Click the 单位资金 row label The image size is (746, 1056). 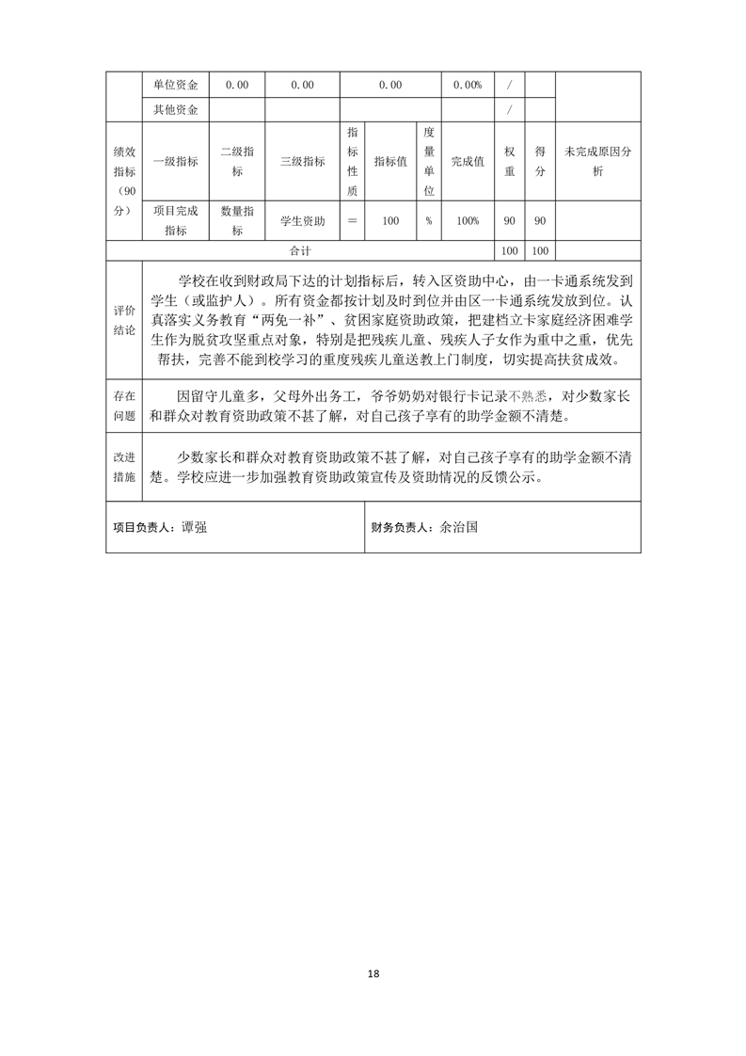click(175, 85)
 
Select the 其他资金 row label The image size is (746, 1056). click(175, 110)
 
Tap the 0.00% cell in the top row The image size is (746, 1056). click(468, 85)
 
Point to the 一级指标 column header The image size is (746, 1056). click(175, 161)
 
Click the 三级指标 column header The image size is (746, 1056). click(302, 161)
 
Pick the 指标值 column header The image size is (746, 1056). click(390, 161)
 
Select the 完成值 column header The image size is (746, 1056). click(468, 161)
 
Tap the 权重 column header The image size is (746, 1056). click(510, 161)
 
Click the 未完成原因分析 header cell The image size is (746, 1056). click(598, 161)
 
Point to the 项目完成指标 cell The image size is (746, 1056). click(175, 220)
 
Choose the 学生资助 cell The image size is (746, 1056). click(302, 220)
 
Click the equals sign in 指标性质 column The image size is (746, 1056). click(353, 220)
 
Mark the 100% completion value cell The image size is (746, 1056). click(468, 220)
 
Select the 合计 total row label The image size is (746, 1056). click(301, 251)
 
